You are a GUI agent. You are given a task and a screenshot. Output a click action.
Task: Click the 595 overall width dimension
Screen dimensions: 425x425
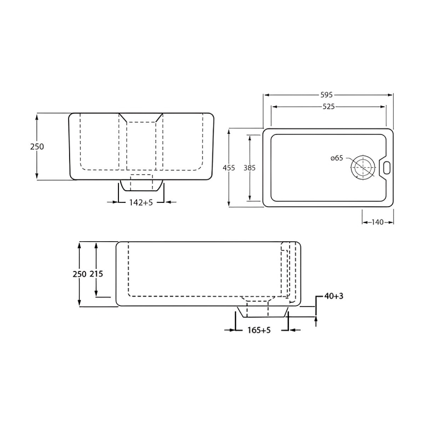click(x=326, y=95)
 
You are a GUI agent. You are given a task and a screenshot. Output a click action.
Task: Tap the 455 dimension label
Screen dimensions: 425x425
click(x=228, y=167)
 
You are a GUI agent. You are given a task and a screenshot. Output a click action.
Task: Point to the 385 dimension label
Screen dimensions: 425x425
click(x=250, y=167)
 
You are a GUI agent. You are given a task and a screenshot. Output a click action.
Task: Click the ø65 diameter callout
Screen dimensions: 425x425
click(x=337, y=158)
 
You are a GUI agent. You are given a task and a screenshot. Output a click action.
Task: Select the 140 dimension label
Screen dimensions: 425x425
click(x=377, y=222)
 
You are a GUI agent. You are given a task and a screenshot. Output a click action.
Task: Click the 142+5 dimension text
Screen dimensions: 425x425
click(x=141, y=202)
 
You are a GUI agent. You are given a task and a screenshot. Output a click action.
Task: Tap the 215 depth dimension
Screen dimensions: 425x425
click(x=96, y=274)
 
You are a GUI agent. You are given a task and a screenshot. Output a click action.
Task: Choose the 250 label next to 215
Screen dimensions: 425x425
click(x=79, y=274)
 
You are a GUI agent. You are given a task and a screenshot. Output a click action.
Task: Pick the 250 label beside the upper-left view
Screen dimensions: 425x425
click(x=37, y=147)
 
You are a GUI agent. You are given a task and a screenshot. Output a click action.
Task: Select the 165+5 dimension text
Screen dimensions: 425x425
click(x=259, y=330)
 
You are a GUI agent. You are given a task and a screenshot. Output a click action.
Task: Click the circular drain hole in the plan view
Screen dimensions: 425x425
click(x=362, y=167)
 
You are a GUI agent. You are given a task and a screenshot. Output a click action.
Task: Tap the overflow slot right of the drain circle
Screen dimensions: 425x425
click(x=386, y=167)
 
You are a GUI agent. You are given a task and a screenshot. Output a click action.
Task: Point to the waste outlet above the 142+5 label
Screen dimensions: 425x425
click(x=141, y=184)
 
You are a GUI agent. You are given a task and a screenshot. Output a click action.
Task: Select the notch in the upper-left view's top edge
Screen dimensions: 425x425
click(x=141, y=117)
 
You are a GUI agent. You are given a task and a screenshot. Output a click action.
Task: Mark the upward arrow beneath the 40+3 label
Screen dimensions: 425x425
click(x=316, y=319)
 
